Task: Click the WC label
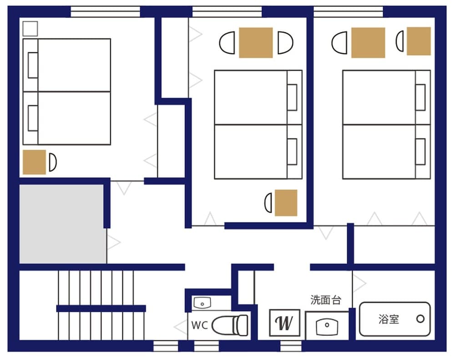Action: [x=200, y=325]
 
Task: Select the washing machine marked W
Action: [x=284, y=323]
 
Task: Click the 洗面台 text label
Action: [x=325, y=300]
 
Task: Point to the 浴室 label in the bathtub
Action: [x=389, y=319]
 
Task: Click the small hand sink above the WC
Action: [x=201, y=302]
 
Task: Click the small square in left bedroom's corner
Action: [x=30, y=29]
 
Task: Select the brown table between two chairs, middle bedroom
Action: [x=256, y=43]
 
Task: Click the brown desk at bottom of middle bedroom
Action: [x=286, y=203]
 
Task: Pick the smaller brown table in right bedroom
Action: [x=419, y=41]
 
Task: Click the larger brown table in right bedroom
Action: [x=368, y=43]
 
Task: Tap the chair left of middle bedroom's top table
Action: [x=227, y=43]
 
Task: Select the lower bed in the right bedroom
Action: [x=386, y=152]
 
